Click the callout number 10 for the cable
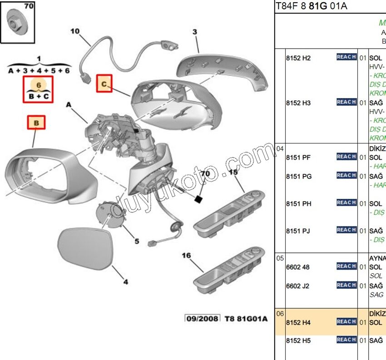coord(75,31)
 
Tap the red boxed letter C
coord(104,84)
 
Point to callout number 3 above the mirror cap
coord(195,32)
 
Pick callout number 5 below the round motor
coord(136,241)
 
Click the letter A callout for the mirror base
coord(69,105)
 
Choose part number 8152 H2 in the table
coord(298,58)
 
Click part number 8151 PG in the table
coord(298,176)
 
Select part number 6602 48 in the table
coord(297,267)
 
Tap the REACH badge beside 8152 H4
coord(346,321)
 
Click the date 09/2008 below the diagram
coord(202,319)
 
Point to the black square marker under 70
coord(198,199)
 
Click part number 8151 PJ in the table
coord(298,231)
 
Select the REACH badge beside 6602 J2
coord(346,285)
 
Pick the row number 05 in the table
coord(280,258)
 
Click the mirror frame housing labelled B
coord(50,175)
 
